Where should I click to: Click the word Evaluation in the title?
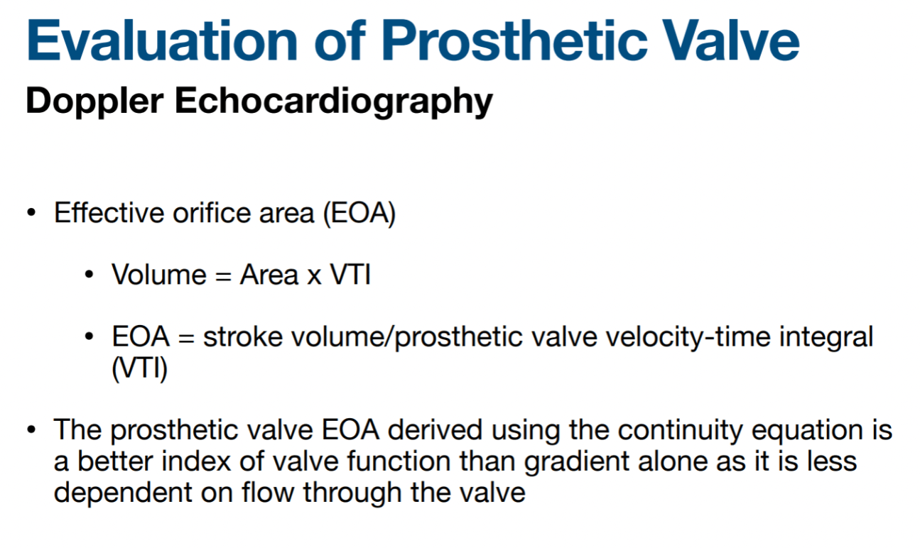click(x=162, y=41)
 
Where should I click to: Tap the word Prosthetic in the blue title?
click(x=514, y=41)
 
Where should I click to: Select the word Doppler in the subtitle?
click(x=95, y=102)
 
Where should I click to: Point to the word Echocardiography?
click(x=333, y=102)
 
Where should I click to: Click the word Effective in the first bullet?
click(x=109, y=213)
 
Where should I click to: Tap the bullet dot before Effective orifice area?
click(x=31, y=213)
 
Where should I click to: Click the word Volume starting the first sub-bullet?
click(x=159, y=274)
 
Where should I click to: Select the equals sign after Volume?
click(x=223, y=276)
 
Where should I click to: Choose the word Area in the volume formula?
click(x=269, y=274)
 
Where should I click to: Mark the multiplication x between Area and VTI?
click(x=314, y=277)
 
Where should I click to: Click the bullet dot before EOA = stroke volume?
click(x=89, y=336)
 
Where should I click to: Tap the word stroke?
click(x=243, y=336)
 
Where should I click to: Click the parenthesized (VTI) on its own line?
click(x=140, y=368)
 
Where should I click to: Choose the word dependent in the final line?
click(x=123, y=493)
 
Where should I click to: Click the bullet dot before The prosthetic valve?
click(x=31, y=430)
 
